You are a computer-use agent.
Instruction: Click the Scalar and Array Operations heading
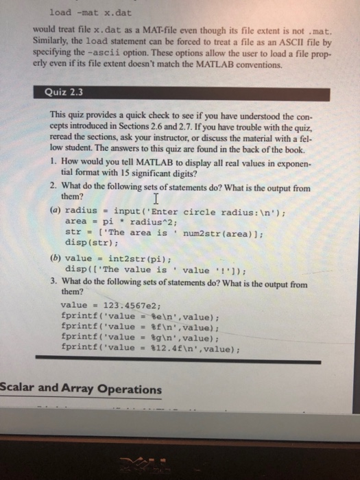click(x=81, y=389)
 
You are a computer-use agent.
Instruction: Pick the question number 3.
click(x=53, y=283)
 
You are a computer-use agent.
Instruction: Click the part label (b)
click(x=56, y=260)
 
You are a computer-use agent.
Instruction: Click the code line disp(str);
click(x=90, y=242)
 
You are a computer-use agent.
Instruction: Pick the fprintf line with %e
click(x=140, y=316)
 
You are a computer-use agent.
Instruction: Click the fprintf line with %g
click(x=140, y=337)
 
